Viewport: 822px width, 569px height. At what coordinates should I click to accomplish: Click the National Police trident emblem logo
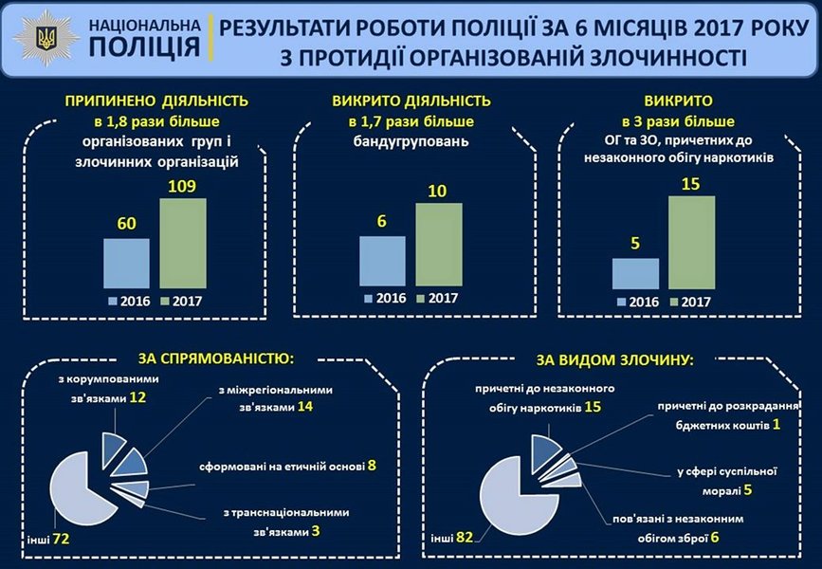(x=44, y=38)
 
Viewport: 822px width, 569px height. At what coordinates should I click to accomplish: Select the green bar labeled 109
(x=182, y=242)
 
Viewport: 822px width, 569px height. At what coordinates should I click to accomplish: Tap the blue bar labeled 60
(x=126, y=262)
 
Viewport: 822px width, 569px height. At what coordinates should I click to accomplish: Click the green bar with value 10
(x=438, y=245)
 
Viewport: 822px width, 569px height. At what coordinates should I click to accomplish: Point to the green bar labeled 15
(x=691, y=241)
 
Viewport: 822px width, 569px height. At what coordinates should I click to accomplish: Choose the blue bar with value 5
(x=635, y=272)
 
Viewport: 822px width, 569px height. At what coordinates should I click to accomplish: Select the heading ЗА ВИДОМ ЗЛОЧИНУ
(x=615, y=360)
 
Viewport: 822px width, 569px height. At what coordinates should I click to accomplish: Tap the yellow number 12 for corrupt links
(x=137, y=398)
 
